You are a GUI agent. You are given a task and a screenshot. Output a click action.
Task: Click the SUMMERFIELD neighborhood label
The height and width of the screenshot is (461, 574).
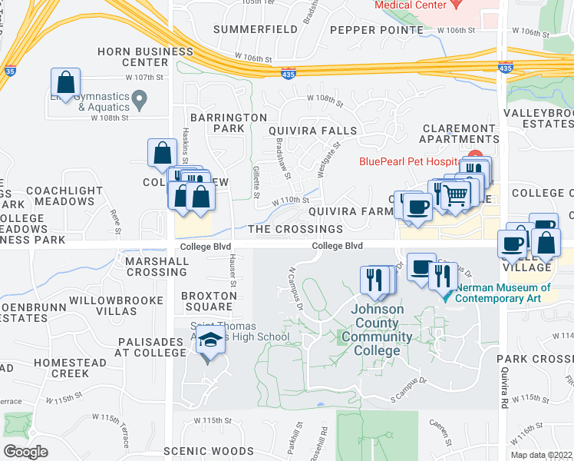click(x=256, y=30)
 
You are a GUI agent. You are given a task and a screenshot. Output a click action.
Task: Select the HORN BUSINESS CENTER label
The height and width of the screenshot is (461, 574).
click(x=145, y=57)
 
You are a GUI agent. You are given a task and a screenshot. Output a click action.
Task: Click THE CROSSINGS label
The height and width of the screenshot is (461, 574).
click(x=295, y=229)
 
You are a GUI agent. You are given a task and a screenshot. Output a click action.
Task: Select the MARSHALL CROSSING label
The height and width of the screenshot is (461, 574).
click(x=157, y=267)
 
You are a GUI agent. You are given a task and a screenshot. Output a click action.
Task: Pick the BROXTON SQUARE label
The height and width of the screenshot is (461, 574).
click(x=209, y=301)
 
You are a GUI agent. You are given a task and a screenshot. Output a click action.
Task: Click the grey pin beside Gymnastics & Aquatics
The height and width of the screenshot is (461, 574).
click(x=139, y=98)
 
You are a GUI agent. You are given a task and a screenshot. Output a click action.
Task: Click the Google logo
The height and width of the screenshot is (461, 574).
click(x=25, y=451)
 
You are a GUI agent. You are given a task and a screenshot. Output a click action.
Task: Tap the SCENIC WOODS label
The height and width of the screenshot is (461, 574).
click(x=209, y=451)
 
